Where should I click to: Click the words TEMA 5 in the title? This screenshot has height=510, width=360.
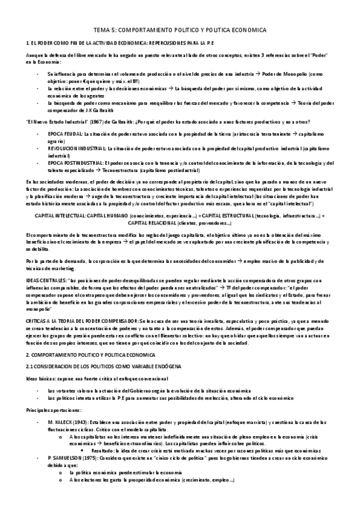[x=103, y=30]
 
